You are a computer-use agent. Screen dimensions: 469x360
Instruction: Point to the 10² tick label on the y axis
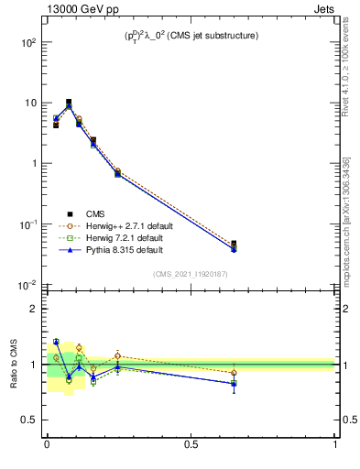[x=27, y=42]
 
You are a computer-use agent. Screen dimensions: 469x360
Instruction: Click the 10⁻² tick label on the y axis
[x=27, y=285]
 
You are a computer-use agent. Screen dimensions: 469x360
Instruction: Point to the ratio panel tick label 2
[x=34, y=309]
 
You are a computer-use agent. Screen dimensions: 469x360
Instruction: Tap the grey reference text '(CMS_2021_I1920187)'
[x=191, y=274]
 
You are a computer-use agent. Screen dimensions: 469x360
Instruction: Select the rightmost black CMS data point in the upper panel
[x=235, y=245]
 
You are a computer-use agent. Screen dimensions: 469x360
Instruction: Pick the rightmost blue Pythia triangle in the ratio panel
[x=235, y=383]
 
